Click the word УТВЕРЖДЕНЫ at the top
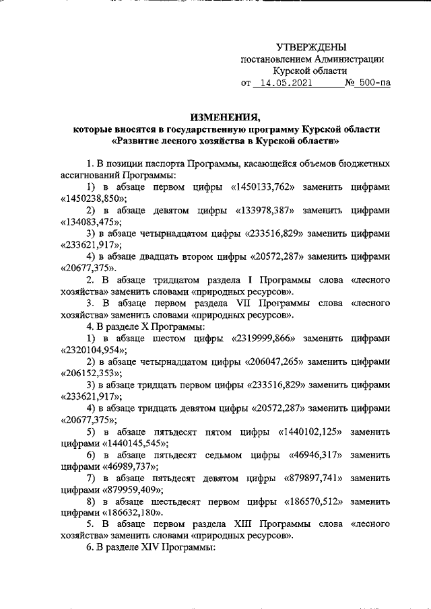click(x=311, y=47)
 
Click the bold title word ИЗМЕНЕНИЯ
click(x=226, y=116)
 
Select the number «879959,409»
click(x=131, y=489)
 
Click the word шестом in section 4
click(x=176, y=340)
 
